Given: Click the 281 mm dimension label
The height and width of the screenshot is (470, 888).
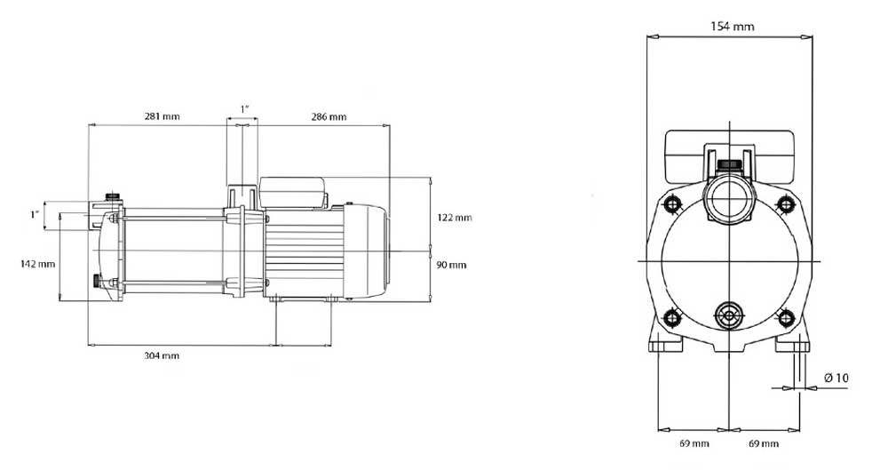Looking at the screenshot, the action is [162, 116].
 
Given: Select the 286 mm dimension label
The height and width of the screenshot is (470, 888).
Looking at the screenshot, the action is [329, 116].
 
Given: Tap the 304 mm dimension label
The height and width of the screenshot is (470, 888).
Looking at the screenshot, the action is [162, 355].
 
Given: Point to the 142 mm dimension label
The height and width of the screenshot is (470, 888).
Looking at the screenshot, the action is [38, 264].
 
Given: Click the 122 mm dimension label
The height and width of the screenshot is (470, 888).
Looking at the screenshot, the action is [454, 217].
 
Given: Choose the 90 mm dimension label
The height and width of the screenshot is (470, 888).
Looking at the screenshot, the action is [451, 265].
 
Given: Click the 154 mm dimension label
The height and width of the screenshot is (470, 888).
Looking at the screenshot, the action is [733, 26].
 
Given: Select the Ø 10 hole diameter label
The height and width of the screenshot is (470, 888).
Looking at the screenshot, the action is [836, 378].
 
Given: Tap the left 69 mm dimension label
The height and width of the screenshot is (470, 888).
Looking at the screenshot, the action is [694, 443].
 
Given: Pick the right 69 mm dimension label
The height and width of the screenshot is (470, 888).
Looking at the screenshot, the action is [764, 443].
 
